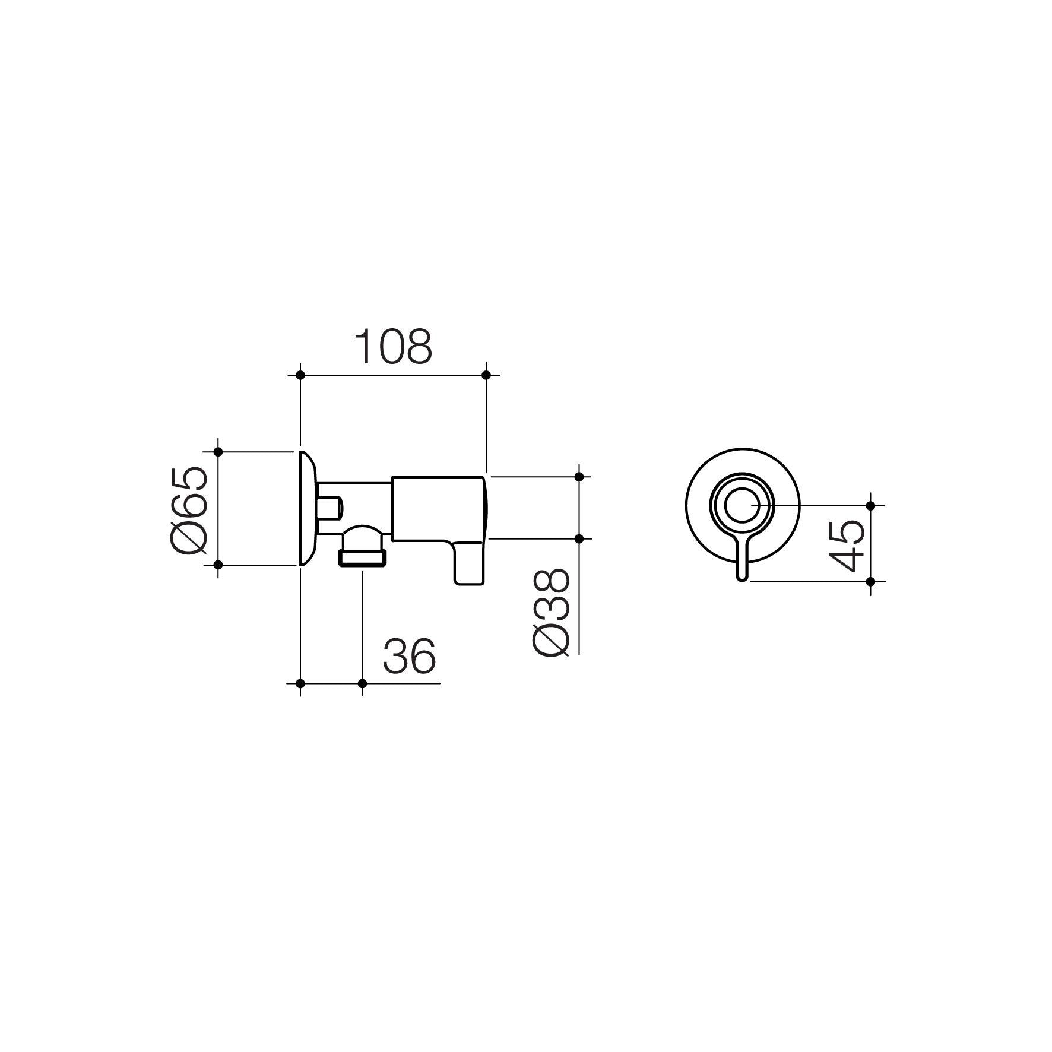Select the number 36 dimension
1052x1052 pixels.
[409, 656]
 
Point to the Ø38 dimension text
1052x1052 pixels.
[552, 611]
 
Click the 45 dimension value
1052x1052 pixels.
[846, 544]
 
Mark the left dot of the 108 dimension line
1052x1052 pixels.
[300, 375]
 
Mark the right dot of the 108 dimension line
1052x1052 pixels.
[486, 375]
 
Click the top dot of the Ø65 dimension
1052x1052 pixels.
[218, 452]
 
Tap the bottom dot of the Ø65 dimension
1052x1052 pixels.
[218, 565]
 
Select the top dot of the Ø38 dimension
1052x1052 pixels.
[579, 476]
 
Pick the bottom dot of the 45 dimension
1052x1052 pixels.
[871, 581]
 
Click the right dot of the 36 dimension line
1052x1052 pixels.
[363, 683]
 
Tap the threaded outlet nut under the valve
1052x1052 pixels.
[362, 557]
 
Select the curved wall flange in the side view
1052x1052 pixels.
[307, 508]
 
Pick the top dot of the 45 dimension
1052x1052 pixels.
[871, 505]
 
